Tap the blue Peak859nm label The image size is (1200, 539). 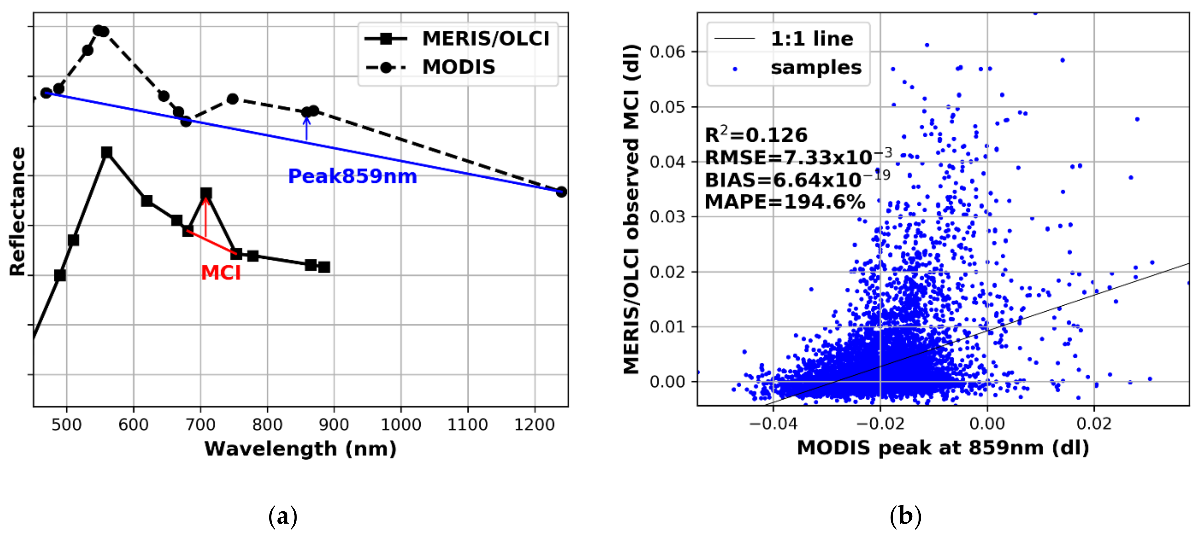352,177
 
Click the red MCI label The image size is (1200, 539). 221,273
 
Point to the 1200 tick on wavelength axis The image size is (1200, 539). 534,424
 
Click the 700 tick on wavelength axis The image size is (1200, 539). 201,424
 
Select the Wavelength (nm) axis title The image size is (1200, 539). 300,449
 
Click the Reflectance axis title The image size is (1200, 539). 18,212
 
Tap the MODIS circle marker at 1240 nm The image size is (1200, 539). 561,192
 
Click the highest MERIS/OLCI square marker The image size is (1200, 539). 107,152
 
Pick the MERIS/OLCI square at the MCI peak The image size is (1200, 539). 206,193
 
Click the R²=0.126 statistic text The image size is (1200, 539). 756,135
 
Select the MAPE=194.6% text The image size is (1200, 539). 785,202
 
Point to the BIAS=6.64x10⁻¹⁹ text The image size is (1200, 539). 797,179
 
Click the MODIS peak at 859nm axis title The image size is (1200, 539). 943,448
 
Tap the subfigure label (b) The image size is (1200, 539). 905,516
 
